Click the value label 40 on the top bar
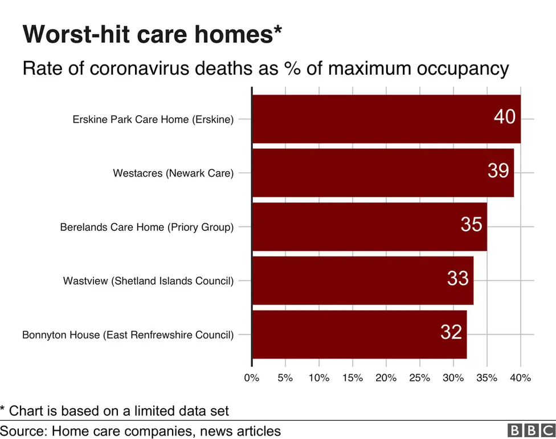pyautogui.click(x=504, y=117)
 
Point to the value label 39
pyautogui.click(x=498, y=170)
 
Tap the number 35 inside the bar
pyautogui.click(x=471, y=225)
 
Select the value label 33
pyautogui.click(x=457, y=278)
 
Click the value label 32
pyautogui.click(x=451, y=332)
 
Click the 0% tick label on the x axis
pyautogui.click(x=251, y=377)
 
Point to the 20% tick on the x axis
pyautogui.click(x=386, y=377)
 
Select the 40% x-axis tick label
pyautogui.click(x=520, y=377)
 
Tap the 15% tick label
pyautogui.click(x=352, y=377)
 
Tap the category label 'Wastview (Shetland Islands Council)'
pyautogui.click(x=148, y=281)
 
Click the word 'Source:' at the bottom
pyautogui.click(x=23, y=430)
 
